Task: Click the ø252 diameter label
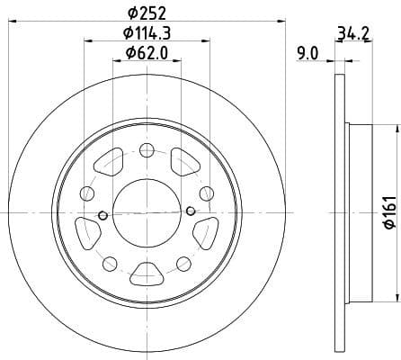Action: tap(147, 13)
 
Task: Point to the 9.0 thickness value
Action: tap(307, 54)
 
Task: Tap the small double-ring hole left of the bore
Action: tap(102, 214)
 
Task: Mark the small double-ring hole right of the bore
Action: tap(191, 211)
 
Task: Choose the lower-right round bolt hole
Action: tap(183, 262)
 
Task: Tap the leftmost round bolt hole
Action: tap(87, 193)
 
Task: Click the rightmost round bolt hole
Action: tap(206, 192)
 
